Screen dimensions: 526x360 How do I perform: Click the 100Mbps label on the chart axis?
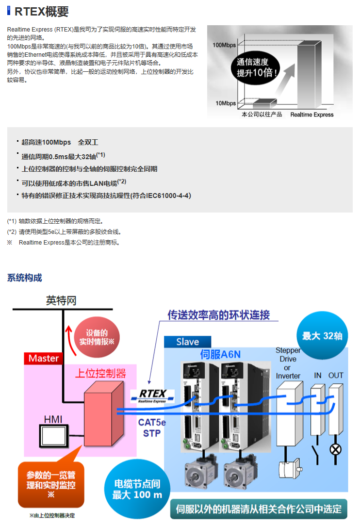(x=224, y=45)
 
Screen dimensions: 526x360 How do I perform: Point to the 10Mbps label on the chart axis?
(x=225, y=103)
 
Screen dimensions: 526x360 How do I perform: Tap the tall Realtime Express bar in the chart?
(x=311, y=73)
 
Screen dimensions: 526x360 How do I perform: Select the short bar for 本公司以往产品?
(x=264, y=103)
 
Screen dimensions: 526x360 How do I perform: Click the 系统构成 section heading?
(x=24, y=278)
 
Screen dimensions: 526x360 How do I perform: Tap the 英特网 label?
(x=61, y=301)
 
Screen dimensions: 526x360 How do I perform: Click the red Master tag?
(x=43, y=359)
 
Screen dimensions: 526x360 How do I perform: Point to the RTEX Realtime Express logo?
(x=151, y=396)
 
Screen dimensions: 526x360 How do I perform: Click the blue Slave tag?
(x=188, y=342)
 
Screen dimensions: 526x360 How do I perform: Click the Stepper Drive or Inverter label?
(x=288, y=363)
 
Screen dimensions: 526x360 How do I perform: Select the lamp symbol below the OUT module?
(x=335, y=449)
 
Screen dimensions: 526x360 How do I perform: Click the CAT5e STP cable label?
(x=152, y=427)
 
